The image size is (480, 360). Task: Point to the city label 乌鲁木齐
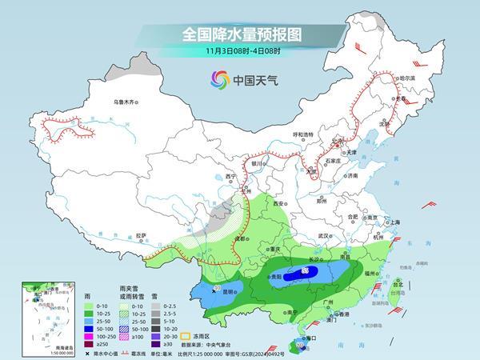pyautogui.click(x=127, y=102)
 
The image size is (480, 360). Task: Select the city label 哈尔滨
pyautogui.click(x=407, y=78)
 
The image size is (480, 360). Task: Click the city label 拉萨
pyautogui.click(x=141, y=235)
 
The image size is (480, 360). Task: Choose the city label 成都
pyautogui.click(x=238, y=238)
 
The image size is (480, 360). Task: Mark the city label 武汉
pyautogui.click(x=323, y=236)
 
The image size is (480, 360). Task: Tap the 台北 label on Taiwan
pyautogui.click(x=398, y=282)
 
